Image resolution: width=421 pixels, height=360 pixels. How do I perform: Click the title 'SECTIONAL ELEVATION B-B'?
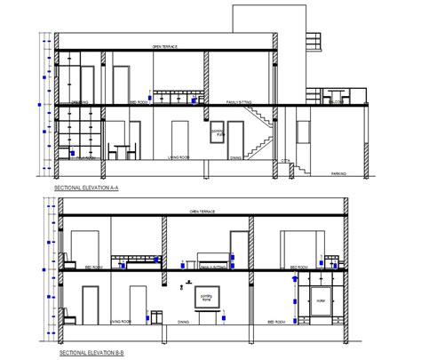pos(86,353)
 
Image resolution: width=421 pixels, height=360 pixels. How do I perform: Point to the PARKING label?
pos(338,173)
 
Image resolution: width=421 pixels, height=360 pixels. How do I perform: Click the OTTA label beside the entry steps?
pos(285,160)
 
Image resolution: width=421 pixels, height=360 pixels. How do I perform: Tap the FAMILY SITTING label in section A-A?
pos(240,103)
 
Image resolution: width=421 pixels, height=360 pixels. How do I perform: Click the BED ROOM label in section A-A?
pos(139,103)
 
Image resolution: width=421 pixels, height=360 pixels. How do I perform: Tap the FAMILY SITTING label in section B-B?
pos(214,266)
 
